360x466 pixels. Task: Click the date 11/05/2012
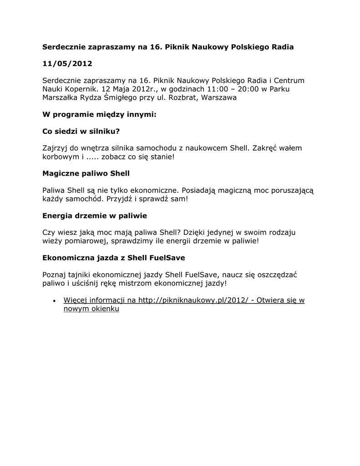[67, 64]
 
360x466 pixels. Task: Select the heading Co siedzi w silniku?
[81, 132]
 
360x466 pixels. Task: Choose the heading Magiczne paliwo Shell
[86, 173]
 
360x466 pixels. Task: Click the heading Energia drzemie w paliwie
[94, 216]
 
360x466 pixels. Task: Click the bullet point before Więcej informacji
[54, 301]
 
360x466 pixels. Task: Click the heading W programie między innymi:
[99, 115]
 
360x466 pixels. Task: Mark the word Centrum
[288, 81]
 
